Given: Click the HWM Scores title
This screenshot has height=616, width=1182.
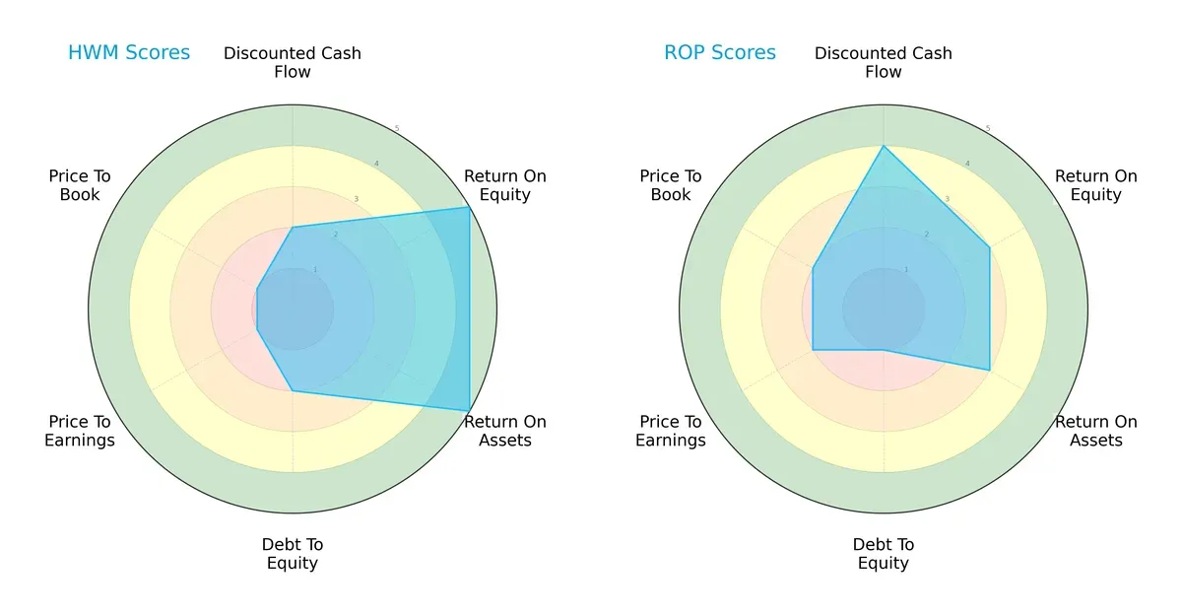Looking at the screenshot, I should click(129, 53).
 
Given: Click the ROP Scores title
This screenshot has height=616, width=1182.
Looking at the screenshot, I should click(720, 53).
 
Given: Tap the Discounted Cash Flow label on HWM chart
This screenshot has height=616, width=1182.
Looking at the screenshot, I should click(293, 62).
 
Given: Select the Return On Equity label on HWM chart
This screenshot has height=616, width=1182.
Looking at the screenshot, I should click(505, 185).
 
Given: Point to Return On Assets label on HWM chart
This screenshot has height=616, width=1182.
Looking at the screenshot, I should click(505, 431).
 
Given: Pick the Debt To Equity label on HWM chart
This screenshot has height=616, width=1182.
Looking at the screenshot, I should click(293, 554).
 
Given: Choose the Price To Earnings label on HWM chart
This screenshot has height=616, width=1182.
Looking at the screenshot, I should click(80, 431).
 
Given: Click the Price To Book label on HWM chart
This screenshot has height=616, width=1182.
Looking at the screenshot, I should click(80, 185).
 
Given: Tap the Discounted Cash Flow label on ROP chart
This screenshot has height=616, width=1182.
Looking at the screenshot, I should click(884, 62).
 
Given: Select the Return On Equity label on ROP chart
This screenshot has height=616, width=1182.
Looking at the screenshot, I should click(1096, 185).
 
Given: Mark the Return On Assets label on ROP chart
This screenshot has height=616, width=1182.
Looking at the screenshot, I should click(1096, 431).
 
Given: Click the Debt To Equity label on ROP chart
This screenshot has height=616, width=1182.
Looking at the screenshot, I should click(884, 554).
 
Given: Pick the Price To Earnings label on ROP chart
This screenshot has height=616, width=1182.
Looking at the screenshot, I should click(671, 431).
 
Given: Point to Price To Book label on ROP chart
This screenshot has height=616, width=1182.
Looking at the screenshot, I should click(671, 185).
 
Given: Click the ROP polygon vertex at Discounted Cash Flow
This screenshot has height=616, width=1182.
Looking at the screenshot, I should click(884, 146).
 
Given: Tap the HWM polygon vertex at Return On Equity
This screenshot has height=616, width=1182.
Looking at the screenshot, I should click(469, 207).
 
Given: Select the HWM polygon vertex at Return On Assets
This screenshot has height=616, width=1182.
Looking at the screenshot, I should click(469, 411).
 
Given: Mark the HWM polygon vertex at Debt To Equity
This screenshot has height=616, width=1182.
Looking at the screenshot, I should click(293, 391).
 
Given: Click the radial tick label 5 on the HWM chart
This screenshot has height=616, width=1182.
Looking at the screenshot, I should click(397, 129).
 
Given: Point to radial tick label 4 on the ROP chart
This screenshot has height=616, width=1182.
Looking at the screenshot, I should click(967, 164).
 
